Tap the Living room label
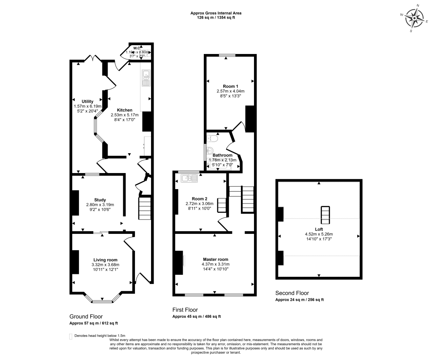coord(105,260)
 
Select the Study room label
coord(100,200)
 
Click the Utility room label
coord(87,101)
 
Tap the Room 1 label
coord(230,86)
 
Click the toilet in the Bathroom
coord(212,138)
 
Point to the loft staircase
coord(325,215)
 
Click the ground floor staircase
coord(145,208)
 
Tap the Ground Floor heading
coord(86,316)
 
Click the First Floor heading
coord(185,310)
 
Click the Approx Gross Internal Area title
coord(216,13)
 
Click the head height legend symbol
coord(70,336)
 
